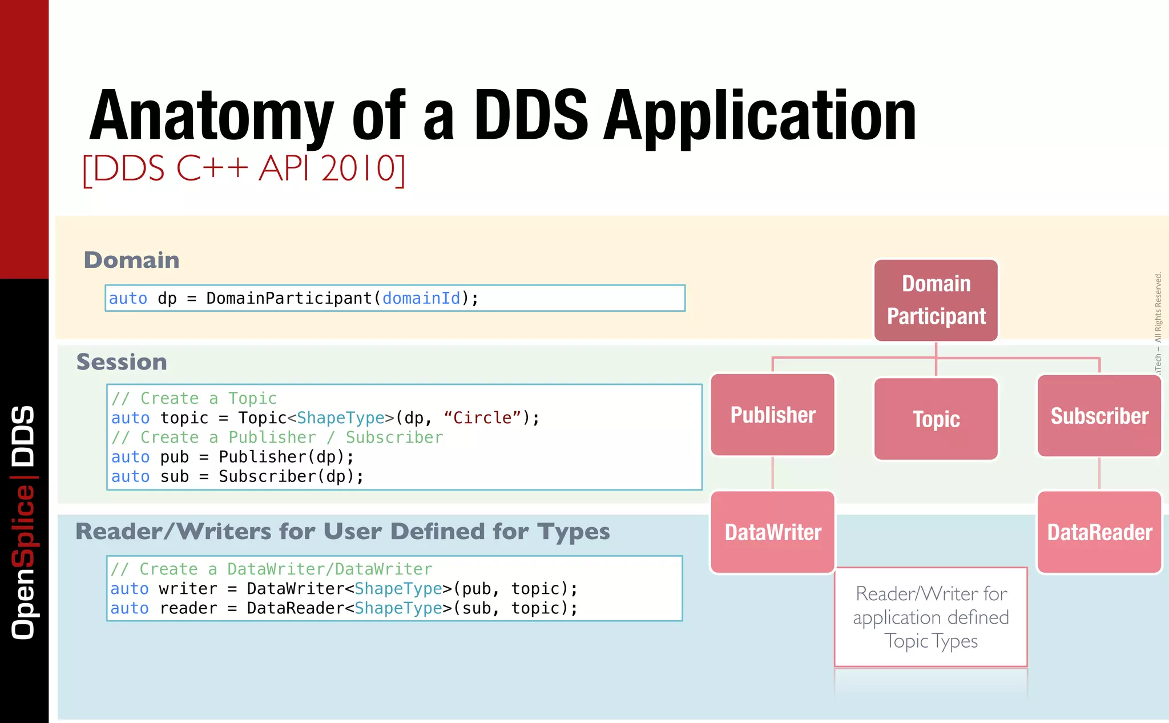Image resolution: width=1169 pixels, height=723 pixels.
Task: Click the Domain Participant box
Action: (x=936, y=300)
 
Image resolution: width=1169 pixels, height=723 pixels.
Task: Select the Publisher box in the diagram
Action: (x=773, y=415)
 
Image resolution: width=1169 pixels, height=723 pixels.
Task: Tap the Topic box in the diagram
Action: (x=936, y=419)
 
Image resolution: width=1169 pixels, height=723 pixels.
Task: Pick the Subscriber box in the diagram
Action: (x=1099, y=416)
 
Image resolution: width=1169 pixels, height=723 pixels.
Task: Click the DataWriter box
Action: (x=773, y=532)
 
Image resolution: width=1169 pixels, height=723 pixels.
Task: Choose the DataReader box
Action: (x=1099, y=532)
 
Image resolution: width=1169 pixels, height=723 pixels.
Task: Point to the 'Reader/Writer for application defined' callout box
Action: (x=931, y=617)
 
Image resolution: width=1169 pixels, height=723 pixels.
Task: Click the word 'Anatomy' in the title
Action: (x=211, y=117)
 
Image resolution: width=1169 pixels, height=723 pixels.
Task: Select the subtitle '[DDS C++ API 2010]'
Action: (x=244, y=169)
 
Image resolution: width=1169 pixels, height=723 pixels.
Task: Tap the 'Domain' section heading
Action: (x=131, y=260)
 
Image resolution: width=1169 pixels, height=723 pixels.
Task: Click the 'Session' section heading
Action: (x=122, y=362)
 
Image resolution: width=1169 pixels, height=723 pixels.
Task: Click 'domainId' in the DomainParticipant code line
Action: (x=421, y=298)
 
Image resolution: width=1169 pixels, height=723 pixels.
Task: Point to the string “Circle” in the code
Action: (x=482, y=418)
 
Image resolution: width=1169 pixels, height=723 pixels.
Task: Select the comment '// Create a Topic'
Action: (x=194, y=398)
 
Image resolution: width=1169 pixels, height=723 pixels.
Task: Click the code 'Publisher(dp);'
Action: (x=286, y=457)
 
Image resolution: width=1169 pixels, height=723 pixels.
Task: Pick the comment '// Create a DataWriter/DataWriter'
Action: (x=271, y=569)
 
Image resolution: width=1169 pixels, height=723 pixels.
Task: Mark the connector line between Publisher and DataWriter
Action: (x=773, y=473)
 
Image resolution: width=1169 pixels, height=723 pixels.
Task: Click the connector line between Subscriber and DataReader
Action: (x=1099, y=473)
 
